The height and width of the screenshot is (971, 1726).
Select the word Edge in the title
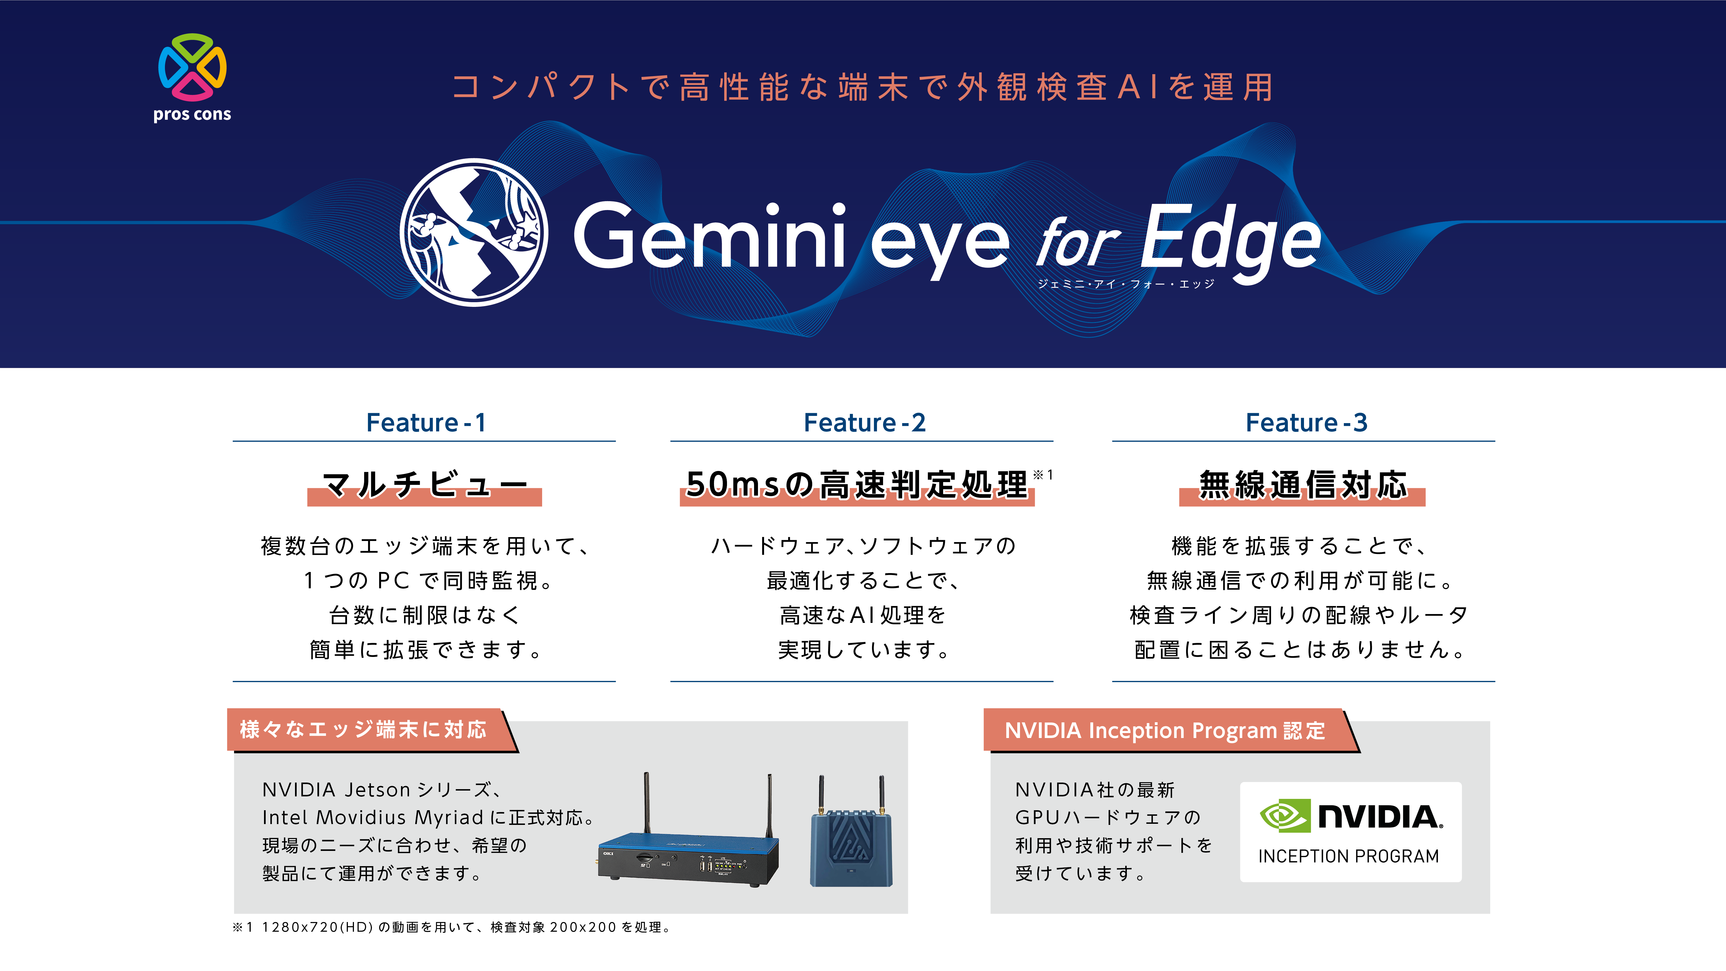(1230, 241)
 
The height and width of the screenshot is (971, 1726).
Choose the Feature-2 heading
(864, 423)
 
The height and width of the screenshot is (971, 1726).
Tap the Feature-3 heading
(1306, 423)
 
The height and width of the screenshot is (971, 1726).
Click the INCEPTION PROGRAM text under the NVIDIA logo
(1349, 856)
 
